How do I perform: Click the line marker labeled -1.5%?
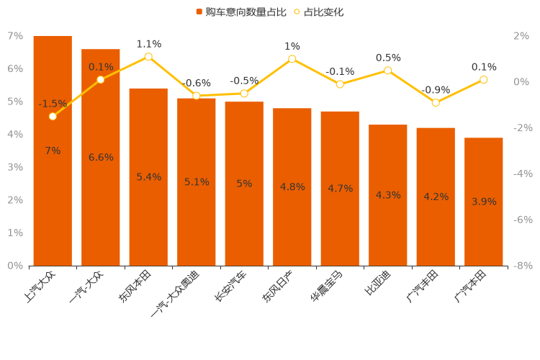coord(53,116)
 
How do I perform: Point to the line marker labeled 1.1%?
coord(148,56)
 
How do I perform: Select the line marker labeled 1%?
coord(292,59)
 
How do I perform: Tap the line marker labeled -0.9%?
coord(436,102)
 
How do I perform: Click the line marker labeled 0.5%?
coord(388,71)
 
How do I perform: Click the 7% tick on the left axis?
coord(15,36)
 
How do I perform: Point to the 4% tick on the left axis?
coord(15,135)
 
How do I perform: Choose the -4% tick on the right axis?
coord(522,174)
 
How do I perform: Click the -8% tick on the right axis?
coord(522,266)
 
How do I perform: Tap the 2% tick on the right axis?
coord(522,36)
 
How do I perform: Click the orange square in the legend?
coord(199,12)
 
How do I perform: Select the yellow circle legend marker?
coord(297,12)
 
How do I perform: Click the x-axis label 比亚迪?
coord(379,283)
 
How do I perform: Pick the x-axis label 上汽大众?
coord(42,287)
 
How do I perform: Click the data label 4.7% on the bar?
coord(340,189)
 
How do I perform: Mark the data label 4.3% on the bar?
coord(388,195)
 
